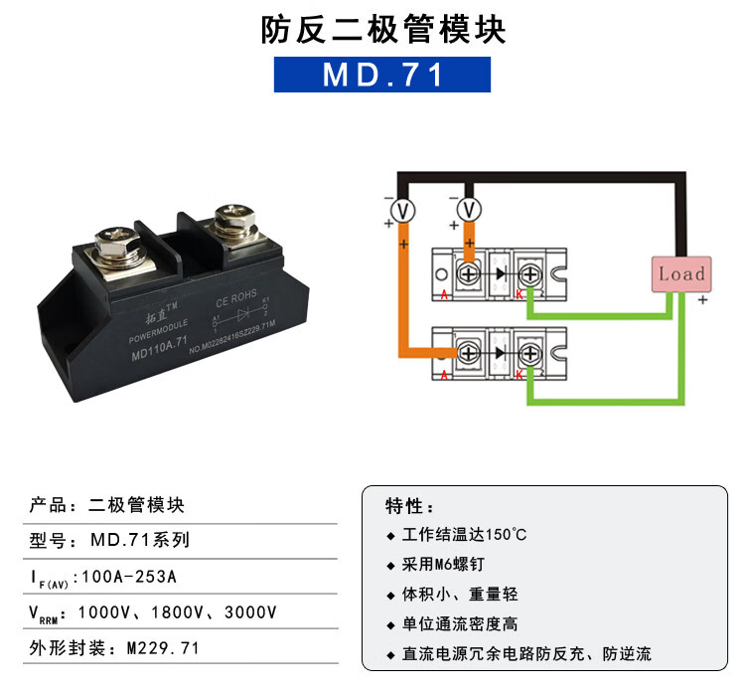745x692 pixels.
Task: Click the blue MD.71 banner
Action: point(382,76)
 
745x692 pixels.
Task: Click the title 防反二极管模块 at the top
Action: point(382,30)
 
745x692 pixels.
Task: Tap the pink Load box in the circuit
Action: point(681,273)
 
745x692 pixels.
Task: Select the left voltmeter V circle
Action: point(401,209)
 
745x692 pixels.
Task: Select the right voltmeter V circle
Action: point(470,209)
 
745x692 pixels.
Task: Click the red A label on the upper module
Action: point(444,295)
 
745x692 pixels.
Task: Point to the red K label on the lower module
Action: point(519,374)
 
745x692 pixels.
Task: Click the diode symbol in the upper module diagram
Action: point(500,271)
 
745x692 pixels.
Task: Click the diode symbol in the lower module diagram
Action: point(500,350)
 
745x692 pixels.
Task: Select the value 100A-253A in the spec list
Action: point(131,576)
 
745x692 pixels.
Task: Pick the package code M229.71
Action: point(163,647)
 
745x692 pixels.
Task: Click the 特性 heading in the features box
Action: point(409,506)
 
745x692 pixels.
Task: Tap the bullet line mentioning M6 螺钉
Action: point(454,564)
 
